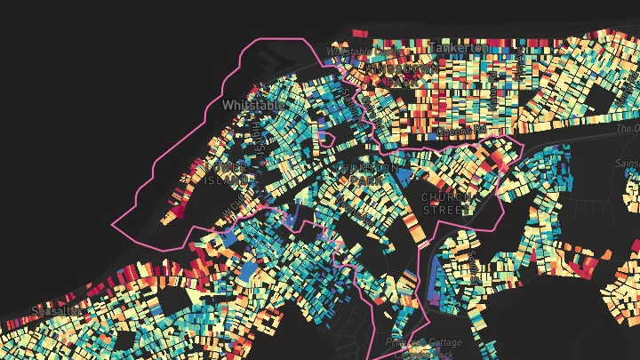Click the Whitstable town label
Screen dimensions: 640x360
[x=253, y=105]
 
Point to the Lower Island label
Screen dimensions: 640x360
[x=227, y=173]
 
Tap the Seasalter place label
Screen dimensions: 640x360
[x=54, y=310]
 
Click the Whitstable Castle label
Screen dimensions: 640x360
[x=348, y=51]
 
